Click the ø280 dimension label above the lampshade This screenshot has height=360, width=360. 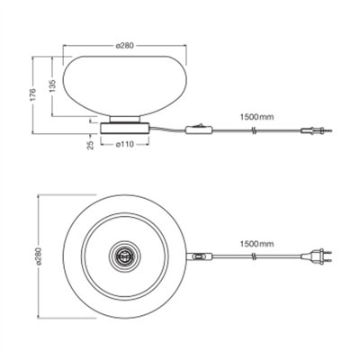(x=124, y=46)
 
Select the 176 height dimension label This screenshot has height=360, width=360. (x=33, y=94)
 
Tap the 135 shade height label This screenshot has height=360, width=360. (x=52, y=85)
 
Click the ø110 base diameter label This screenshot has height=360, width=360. (x=124, y=145)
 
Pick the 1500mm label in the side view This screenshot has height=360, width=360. (x=256, y=117)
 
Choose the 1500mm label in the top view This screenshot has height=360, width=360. (x=256, y=244)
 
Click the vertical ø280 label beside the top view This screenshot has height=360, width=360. (x=40, y=256)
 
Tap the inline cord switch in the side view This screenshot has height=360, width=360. (x=200, y=129)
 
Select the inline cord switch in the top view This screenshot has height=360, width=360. (x=200, y=256)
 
